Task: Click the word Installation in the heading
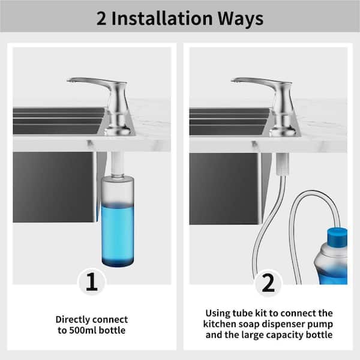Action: coord(162,19)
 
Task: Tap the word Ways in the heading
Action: coord(241,19)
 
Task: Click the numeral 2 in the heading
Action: coord(101,19)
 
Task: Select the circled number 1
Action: coord(92,282)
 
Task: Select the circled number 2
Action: coord(268,283)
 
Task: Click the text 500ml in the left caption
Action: coord(83,331)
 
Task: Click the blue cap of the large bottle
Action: coord(337,237)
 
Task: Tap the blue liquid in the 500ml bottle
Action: coord(118,235)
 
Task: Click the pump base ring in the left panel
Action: coord(118,131)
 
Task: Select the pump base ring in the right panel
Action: coord(283,131)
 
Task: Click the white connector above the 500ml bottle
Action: coord(118,163)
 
